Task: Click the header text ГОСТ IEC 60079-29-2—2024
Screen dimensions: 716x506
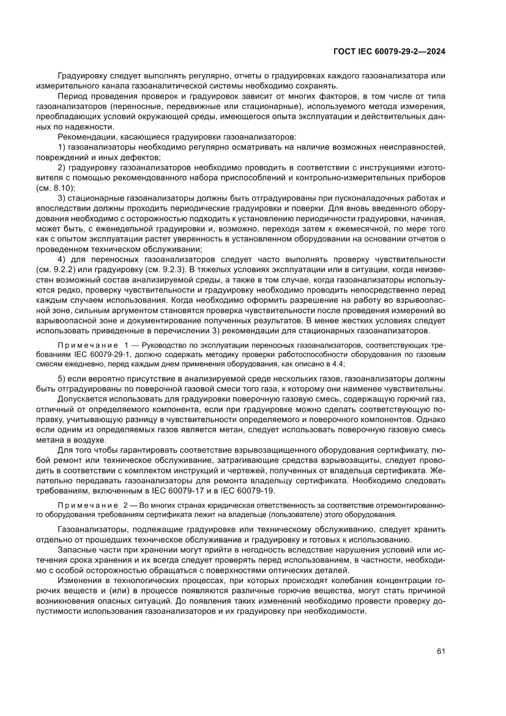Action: [x=389, y=52]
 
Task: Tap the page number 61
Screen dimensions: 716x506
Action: [x=440, y=651]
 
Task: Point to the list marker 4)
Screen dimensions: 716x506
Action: [x=62, y=260]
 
